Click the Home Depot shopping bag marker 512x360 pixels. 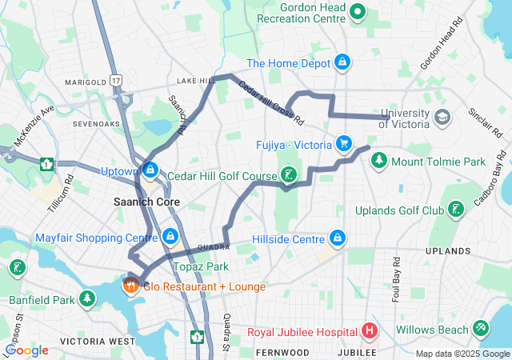tap(342, 62)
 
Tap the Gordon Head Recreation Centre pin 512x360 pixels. tap(358, 12)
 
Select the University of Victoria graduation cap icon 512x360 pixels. tap(441, 118)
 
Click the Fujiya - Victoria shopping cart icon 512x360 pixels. tap(344, 144)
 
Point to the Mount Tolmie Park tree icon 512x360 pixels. tap(378, 161)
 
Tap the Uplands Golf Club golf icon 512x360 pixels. tap(455, 210)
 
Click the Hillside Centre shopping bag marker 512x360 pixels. tap(338, 238)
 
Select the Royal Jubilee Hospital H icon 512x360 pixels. tap(369, 330)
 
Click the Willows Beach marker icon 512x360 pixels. tap(480, 329)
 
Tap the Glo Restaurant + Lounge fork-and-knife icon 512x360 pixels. tap(130, 284)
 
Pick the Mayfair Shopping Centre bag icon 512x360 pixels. tap(170, 237)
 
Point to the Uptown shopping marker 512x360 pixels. tap(150, 170)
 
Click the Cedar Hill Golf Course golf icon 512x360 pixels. tap(289, 175)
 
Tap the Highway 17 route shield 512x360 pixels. tap(117, 81)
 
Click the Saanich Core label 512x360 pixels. tap(146, 202)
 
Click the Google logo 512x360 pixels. tap(27, 350)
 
